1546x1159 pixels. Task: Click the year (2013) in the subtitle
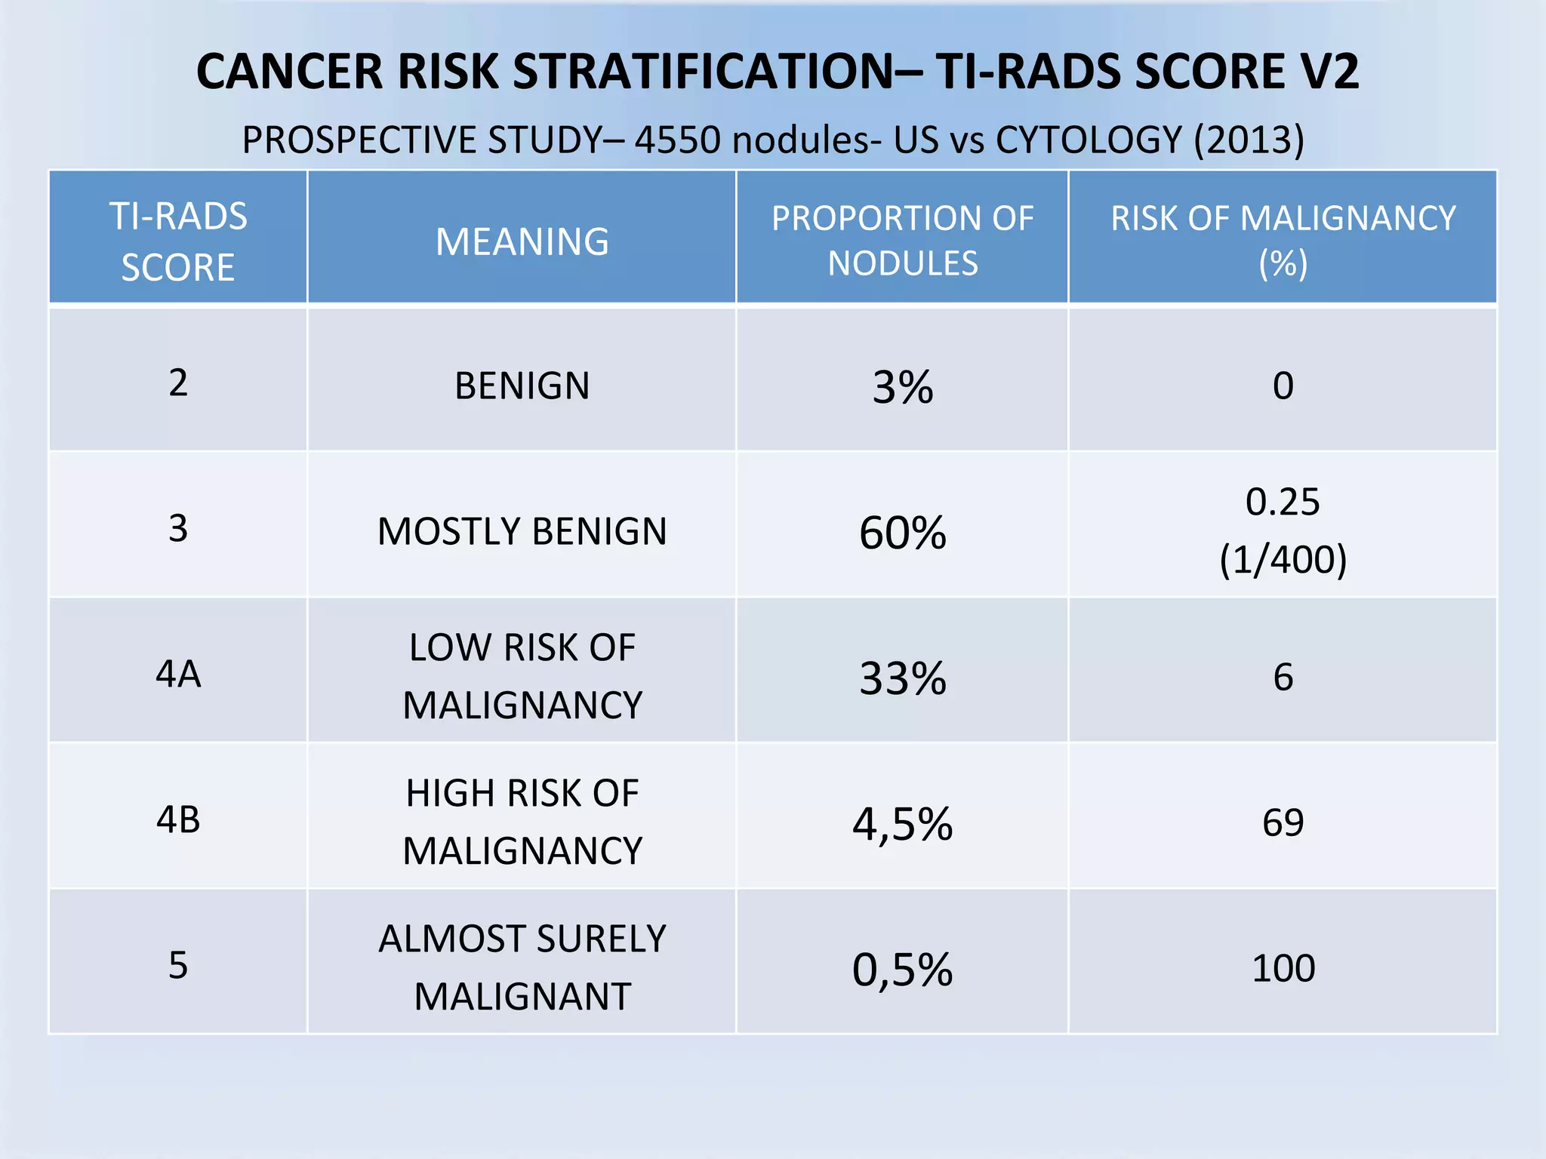(1249, 140)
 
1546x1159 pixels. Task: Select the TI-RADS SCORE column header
(178, 241)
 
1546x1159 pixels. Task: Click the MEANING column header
(522, 242)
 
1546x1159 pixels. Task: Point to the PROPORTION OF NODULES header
(902, 241)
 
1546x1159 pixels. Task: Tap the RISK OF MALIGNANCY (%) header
(1283, 241)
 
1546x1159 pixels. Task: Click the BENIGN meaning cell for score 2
(522, 386)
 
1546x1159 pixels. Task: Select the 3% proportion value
(903, 388)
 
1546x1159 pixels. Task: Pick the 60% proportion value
(903, 533)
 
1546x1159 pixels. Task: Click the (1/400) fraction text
(1283, 560)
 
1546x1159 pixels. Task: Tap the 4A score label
(178, 674)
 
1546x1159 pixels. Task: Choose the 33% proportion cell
(903, 678)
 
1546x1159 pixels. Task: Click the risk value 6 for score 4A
(1283, 677)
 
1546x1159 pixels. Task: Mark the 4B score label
(178, 819)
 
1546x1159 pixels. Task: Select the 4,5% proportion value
(903, 824)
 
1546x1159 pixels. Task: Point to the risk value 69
(1283, 822)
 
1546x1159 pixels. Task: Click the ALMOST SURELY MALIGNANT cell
(522, 967)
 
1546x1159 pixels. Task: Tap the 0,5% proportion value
(903, 970)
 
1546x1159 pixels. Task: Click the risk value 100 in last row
(1283, 968)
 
